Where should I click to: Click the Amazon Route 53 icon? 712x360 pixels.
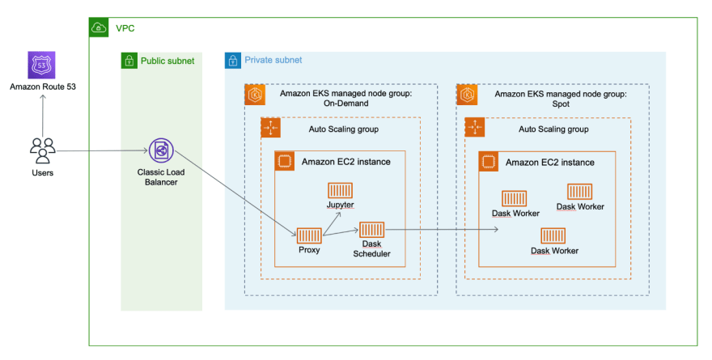click(42, 65)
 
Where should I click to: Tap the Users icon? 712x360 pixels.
click(43, 150)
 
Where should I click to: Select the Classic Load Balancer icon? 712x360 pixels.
click(161, 150)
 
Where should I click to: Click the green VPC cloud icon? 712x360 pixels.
click(99, 28)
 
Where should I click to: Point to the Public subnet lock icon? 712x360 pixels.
click(129, 61)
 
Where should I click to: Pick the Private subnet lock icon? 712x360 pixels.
click(233, 61)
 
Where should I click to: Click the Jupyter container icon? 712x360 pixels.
click(340, 191)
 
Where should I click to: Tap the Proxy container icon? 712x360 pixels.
click(309, 235)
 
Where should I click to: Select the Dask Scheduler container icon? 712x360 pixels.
click(372, 230)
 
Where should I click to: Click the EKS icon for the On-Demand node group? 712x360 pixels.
click(255, 95)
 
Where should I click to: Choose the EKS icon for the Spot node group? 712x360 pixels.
click(467, 95)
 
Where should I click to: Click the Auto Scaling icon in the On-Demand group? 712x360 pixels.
click(270, 128)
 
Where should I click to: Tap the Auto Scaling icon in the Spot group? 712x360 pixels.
click(475, 128)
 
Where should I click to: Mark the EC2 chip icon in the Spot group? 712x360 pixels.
click(489, 162)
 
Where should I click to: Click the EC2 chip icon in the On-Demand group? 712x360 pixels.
click(285, 161)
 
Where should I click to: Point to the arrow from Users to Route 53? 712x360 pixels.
click(43, 116)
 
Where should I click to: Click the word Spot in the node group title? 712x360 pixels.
click(561, 104)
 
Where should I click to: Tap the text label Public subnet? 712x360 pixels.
click(167, 61)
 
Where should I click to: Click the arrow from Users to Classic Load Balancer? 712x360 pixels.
click(103, 150)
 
